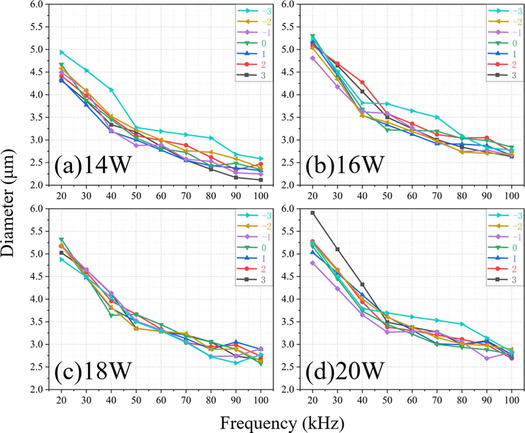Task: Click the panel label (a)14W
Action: [93, 164]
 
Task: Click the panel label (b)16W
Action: [344, 164]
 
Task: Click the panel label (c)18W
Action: [93, 370]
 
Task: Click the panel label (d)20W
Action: [344, 370]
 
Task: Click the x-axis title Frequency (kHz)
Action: [282, 423]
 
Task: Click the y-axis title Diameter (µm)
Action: [8, 202]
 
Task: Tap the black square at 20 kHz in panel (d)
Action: [312, 213]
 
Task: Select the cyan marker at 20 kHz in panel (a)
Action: [61, 52]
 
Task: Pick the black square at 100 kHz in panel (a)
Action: [261, 180]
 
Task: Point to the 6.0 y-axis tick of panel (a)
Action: [36, 4]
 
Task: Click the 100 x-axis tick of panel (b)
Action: [512, 196]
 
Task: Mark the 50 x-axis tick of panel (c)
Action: [136, 400]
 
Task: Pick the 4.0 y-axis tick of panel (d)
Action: [287, 299]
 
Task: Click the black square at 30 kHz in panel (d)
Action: [337, 249]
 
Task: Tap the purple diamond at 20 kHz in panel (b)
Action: [312, 58]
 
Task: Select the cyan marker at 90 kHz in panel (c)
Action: [236, 363]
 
